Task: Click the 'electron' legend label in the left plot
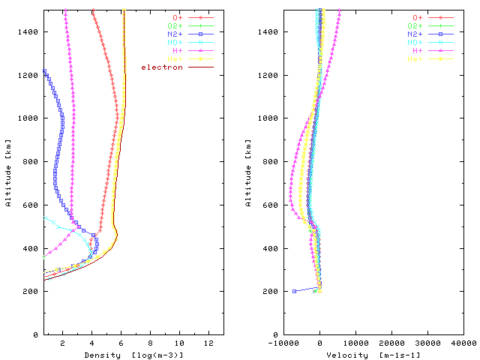(x=162, y=67)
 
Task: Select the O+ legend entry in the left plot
(x=178, y=17)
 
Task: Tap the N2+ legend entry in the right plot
(x=418, y=34)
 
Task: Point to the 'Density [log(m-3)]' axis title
(x=133, y=355)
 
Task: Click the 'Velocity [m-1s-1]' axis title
(x=373, y=355)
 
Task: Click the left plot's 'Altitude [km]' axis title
(x=8, y=172)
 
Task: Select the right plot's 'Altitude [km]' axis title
(x=248, y=172)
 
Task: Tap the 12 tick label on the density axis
(x=209, y=343)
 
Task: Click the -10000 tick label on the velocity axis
(x=282, y=343)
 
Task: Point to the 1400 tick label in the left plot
(x=28, y=31)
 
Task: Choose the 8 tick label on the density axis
(x=151, y=343)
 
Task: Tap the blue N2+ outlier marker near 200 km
(x=294, y=291)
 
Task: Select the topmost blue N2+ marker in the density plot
(x=45, y=71)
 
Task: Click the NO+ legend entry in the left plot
(x=178, y=43)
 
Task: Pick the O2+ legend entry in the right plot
(x=418, y=25)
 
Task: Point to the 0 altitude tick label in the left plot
(x=35, y=334)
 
